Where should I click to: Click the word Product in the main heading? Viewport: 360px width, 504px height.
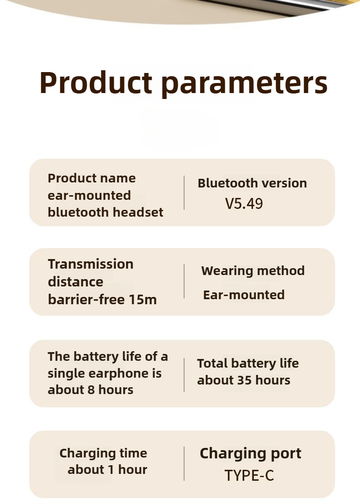click(x=96, y=83)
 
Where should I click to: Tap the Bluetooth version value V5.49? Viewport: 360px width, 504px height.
click(x=244, y=203)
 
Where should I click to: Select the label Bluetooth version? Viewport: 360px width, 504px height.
click(x=252, y=183)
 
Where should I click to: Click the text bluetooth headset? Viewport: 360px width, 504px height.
click(x=105, y=212)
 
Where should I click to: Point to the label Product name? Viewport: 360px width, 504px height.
click(x=92, y=178)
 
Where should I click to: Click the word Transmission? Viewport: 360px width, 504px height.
click(x=91, y=264)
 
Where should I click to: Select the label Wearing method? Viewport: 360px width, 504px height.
click(x=253, y=271)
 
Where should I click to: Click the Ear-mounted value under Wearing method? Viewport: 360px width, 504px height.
click(x=244, y=295)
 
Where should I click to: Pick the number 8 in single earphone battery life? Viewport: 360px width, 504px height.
click(x=91, y=390)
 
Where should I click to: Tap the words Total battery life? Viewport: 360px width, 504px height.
click(x=247, y=364)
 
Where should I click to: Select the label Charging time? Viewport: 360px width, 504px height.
click(x=103, y=453)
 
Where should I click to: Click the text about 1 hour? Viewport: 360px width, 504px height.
click(x=107, y=470)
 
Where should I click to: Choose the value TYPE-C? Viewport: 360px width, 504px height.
click(x=249, y=476)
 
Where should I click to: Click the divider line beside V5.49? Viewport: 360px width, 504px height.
click(x=184, y=192)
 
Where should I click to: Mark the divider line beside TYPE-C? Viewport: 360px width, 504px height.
click(x=184, y=463)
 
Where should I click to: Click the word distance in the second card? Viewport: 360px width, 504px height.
click(x=76, y=282)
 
